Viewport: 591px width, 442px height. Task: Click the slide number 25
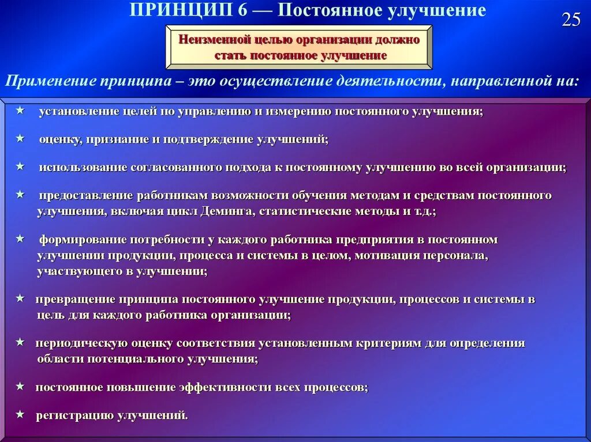pyautogui.click(x=571, y=20)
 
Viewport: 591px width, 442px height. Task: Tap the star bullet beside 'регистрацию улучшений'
pyautogui.click(x=20, y=414)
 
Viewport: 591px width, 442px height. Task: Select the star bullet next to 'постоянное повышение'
pyautogui.click(x=20, y=386)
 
